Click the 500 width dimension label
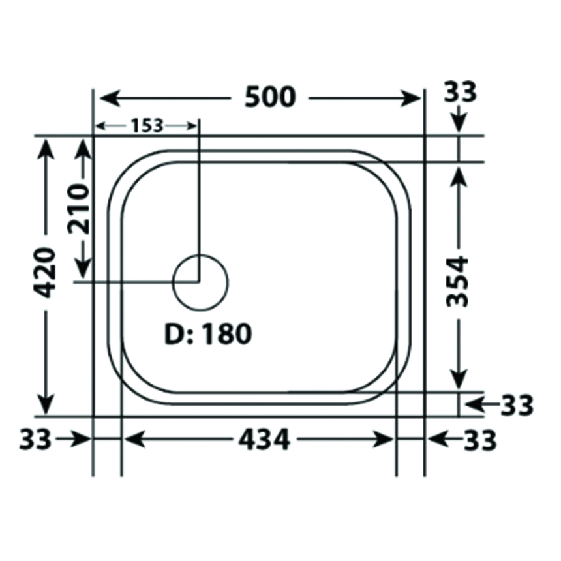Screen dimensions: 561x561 click(270, 97)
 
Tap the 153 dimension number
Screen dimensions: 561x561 click(147, 126)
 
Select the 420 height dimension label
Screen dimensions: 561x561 click(45, 273)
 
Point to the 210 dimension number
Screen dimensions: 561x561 click(79, 209)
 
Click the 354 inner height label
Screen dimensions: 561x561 click(457, 281)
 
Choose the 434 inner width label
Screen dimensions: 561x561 click(264, 440)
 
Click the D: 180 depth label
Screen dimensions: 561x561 click(208, 334)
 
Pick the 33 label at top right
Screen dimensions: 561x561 click(460, 92)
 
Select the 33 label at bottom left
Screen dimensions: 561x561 click(35, 439)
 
